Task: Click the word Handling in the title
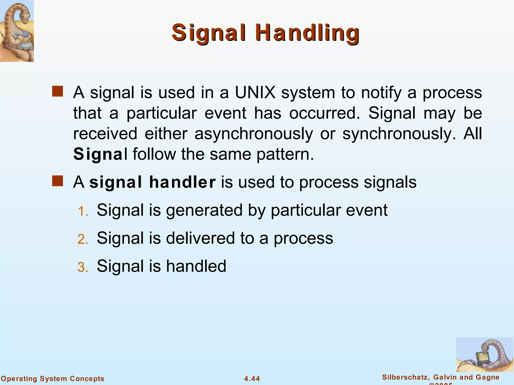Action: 307,33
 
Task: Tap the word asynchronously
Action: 254,134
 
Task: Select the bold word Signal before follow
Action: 100,154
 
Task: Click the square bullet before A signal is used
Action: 57,91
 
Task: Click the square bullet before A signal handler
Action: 57,181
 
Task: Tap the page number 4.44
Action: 252,378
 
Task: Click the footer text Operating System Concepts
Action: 52,378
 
